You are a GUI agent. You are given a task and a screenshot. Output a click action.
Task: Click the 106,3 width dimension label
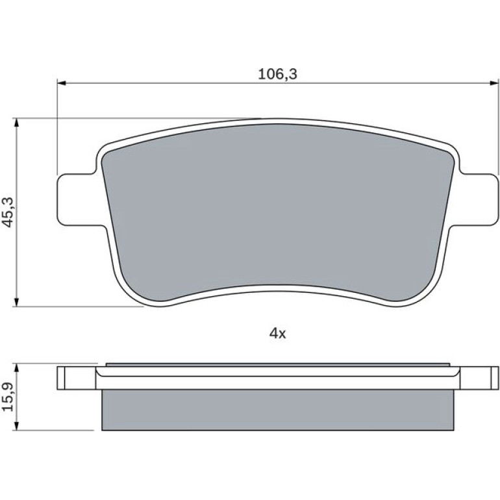(x=277, y=74)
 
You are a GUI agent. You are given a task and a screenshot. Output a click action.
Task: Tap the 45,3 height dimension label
(x=8, y=212)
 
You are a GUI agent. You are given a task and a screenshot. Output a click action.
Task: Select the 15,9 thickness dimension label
(x=8, y=397)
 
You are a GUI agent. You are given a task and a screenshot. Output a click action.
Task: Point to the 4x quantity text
(x=278, y=334)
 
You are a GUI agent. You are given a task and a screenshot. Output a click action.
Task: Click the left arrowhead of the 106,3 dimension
(x=61, y=83)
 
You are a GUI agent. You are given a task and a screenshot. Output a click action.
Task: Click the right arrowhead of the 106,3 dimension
(x=494, y=83)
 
